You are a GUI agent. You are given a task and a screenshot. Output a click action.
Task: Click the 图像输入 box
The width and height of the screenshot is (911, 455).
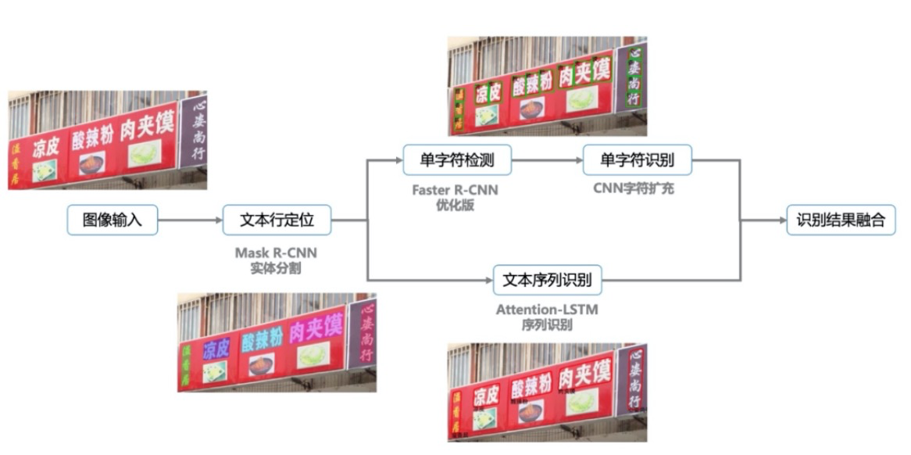[x=113, y=220]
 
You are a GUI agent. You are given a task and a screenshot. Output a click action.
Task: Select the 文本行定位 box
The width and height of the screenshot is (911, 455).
[x=277, y=220]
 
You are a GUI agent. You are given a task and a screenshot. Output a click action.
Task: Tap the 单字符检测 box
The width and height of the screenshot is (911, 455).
[x=457, y=160]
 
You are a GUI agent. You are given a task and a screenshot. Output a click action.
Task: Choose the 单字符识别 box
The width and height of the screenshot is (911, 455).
[x=638, y=160]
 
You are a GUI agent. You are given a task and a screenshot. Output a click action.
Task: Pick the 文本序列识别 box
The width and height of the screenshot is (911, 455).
[x=547, y=279]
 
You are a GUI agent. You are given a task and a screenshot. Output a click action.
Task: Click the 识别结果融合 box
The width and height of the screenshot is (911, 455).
[x=841, y=220]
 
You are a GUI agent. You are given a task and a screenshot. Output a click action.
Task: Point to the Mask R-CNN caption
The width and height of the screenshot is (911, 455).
[x=277, y=253]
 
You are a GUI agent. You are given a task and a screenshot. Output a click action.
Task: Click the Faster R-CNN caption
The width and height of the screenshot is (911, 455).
[x=455, y=190]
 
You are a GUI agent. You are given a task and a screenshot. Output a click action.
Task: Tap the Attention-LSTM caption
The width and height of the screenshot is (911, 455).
[x=547, y=310]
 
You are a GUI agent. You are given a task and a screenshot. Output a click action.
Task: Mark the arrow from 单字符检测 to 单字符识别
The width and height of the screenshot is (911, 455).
[x=547, y=161]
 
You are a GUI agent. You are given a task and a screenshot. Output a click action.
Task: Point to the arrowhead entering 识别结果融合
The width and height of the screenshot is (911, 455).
[x=782, y=220]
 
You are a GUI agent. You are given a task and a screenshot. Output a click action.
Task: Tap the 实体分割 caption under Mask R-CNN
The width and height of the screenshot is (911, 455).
[x=277, y=268]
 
